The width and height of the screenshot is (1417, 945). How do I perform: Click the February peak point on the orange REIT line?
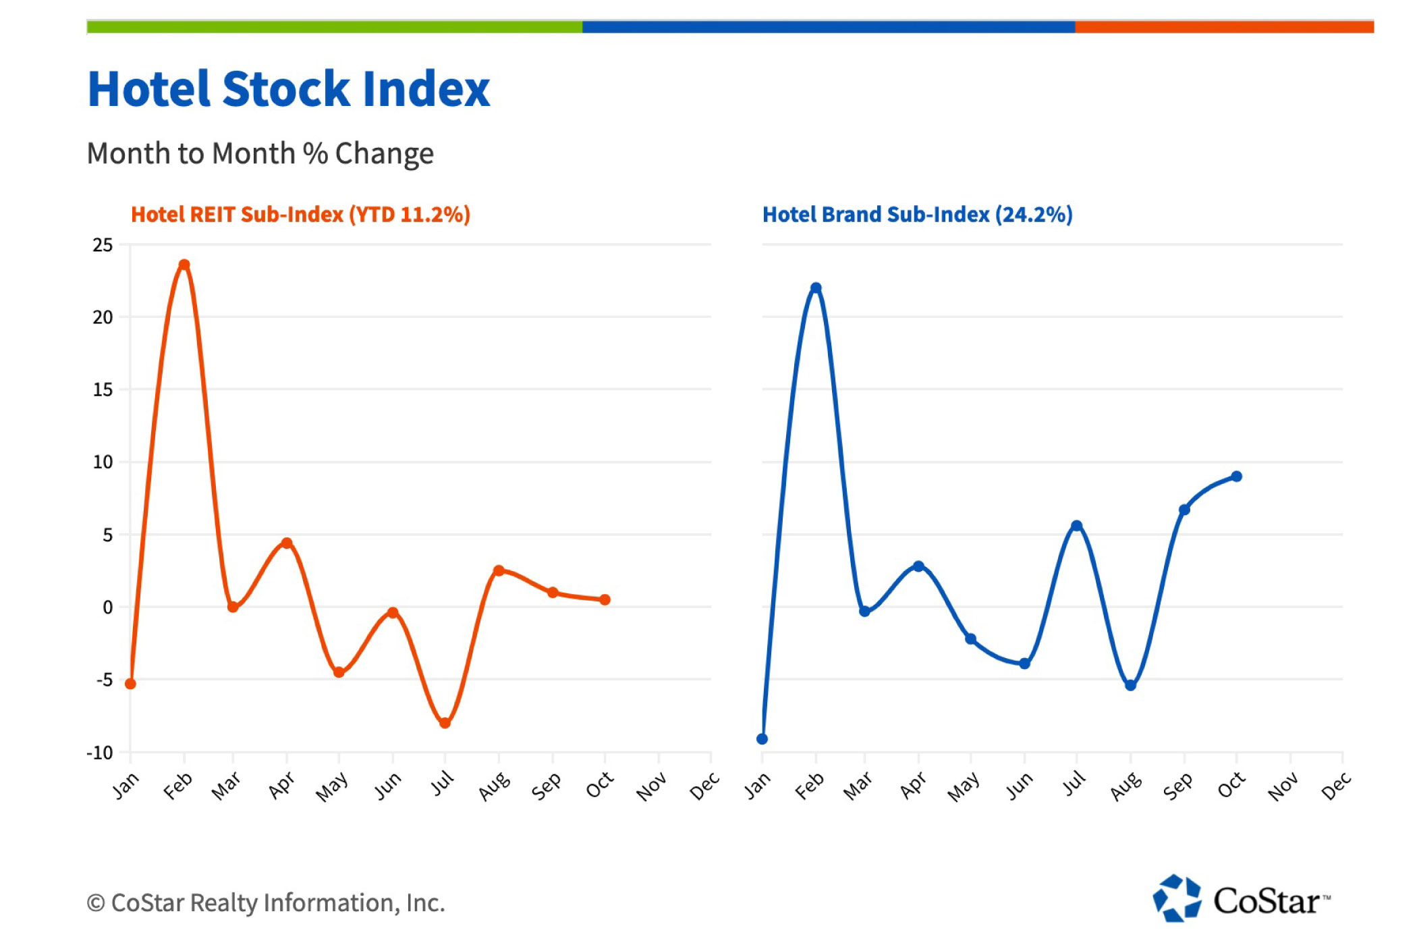(184, 265)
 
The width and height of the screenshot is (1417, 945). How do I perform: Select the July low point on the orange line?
(445, 723)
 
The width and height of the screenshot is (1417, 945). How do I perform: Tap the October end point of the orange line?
(605, 599)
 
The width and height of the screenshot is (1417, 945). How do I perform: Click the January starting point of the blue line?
(762, 739)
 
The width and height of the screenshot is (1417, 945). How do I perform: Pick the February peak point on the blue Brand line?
(816, 288)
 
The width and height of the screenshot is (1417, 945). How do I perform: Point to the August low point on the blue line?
(1131, 685)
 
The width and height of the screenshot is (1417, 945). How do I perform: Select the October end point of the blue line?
(1237, 477)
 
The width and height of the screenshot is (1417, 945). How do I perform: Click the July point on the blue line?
(1077, 526)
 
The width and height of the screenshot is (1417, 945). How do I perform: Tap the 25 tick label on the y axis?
(103, 245)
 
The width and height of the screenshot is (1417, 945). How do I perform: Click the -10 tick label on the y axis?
(100, 753)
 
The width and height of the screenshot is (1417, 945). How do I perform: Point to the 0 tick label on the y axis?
(108, 607)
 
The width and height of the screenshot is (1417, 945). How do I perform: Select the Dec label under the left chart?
(704, 787)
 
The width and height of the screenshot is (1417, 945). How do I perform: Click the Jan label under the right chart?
(757, 787)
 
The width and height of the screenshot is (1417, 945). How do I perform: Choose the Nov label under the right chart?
(1283, 787)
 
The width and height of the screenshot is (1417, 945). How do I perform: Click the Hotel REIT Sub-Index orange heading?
(300, 215)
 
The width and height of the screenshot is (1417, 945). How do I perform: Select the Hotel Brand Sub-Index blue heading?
(917, 215)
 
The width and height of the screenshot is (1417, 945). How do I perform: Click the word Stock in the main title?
(286, 89)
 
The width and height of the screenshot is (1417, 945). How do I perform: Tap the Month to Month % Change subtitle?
(260, 154)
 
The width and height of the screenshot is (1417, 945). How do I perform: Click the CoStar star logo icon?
(1177, 898)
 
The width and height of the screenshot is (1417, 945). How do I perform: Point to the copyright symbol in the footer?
(96, 903)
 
